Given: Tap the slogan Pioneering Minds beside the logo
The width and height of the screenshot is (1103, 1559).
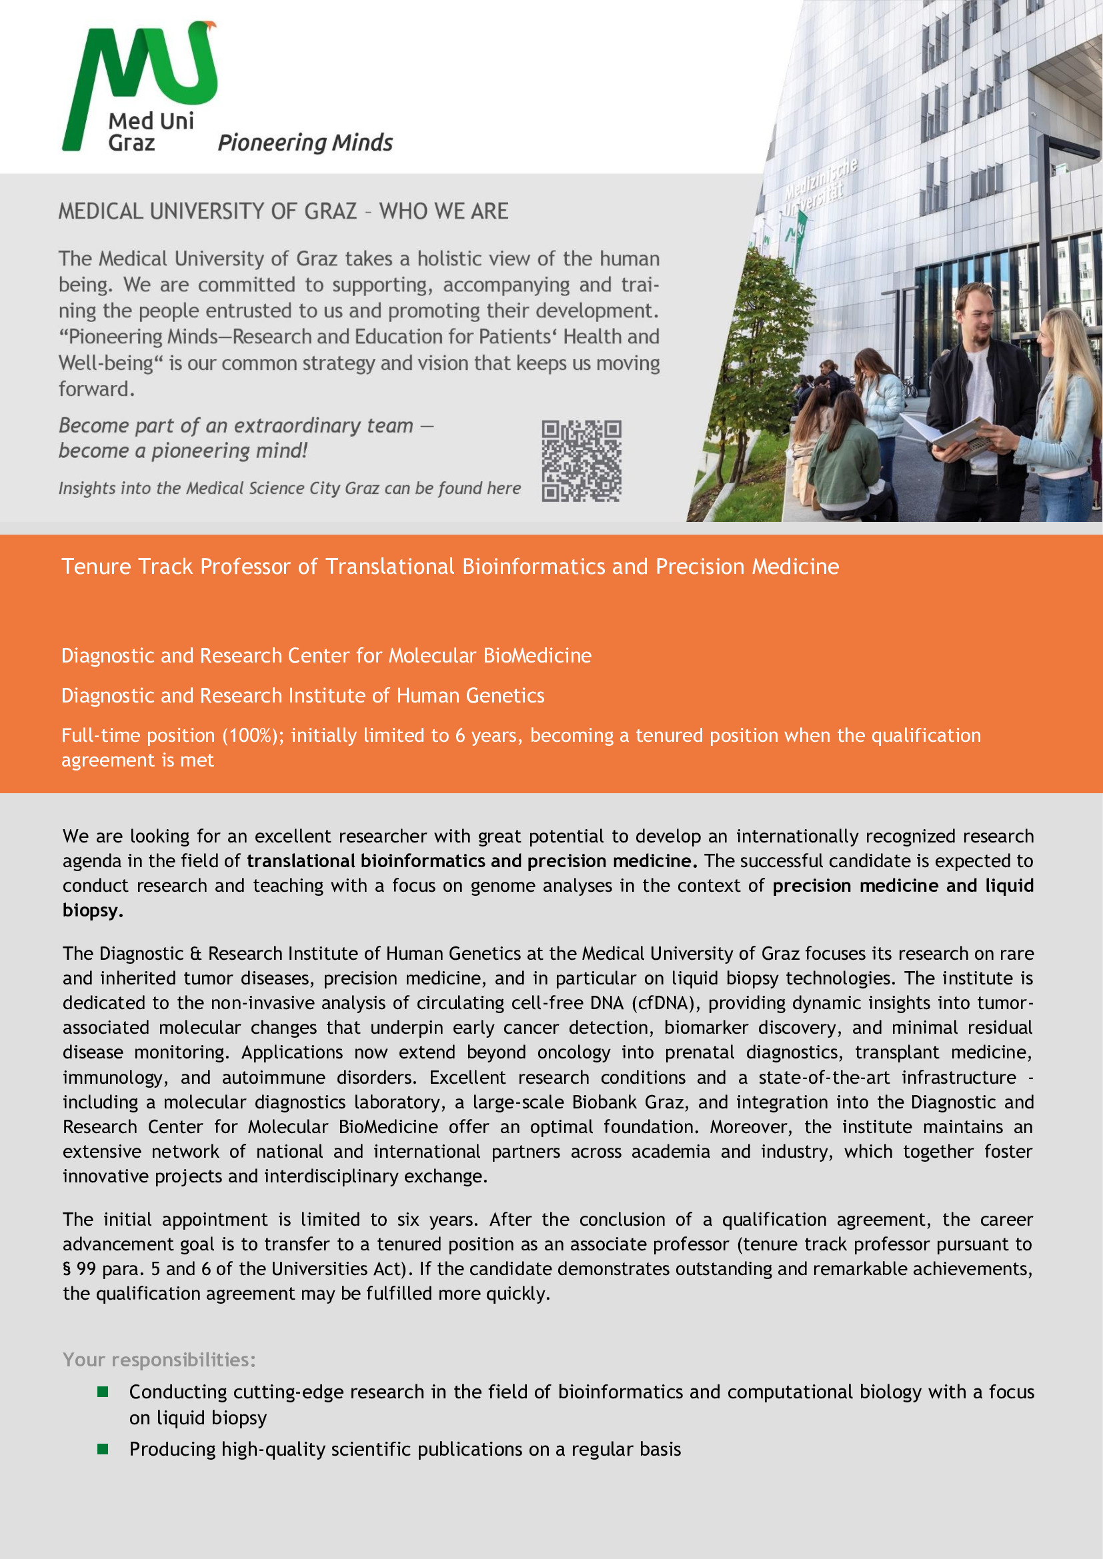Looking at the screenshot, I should coord(305,143).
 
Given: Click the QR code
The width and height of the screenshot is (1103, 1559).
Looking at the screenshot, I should coord(582,461).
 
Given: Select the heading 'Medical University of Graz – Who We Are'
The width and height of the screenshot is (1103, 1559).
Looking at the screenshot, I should coord(283,211).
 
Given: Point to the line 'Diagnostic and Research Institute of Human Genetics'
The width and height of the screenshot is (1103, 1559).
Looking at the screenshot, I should coord(302,695).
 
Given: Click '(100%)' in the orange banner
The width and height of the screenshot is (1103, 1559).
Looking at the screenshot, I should coord(251,735).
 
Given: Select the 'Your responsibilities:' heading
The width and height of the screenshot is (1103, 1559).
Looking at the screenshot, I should coord(159,1359).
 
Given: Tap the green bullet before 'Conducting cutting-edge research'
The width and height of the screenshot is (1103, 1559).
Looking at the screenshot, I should coord(103,1392).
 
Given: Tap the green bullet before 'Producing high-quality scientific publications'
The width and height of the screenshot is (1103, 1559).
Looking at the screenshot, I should coord(103,1449).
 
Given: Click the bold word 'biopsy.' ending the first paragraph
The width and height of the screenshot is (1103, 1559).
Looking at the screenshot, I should coord(93,910).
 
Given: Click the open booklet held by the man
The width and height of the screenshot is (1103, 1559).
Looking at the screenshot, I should coord(948,432).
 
